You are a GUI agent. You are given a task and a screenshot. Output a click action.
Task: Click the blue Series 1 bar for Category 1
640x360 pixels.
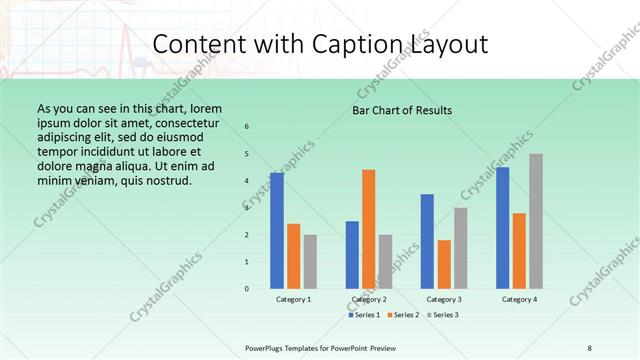coord(277,231)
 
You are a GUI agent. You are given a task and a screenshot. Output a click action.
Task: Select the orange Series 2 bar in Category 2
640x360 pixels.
coord(369,229)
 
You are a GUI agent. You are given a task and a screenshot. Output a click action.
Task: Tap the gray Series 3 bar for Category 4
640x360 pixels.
coord(536,221)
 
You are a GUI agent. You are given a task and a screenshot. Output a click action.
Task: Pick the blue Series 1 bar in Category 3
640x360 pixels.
coord(427,241)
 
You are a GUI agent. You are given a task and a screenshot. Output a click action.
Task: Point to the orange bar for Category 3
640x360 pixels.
coord(444,264)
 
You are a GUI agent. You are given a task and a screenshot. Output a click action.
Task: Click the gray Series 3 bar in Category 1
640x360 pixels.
coord(310,262)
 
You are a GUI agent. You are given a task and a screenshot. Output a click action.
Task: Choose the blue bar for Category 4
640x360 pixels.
coord(502,228)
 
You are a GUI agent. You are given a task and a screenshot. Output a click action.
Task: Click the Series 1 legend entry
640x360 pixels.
coord(364,315)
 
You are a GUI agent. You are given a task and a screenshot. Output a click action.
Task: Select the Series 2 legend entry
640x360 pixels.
coord(403,315)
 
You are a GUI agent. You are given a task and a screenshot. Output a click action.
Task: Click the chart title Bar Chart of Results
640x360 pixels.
coord(402,110)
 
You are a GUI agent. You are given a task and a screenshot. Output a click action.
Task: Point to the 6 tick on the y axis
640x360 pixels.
coord(247,127)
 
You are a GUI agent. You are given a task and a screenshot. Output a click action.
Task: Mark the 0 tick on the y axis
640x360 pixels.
coord(247,289)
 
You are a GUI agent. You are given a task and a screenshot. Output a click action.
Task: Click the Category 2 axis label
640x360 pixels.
coord(369,300)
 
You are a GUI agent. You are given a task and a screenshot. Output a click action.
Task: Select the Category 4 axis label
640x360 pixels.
coord(519,300)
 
